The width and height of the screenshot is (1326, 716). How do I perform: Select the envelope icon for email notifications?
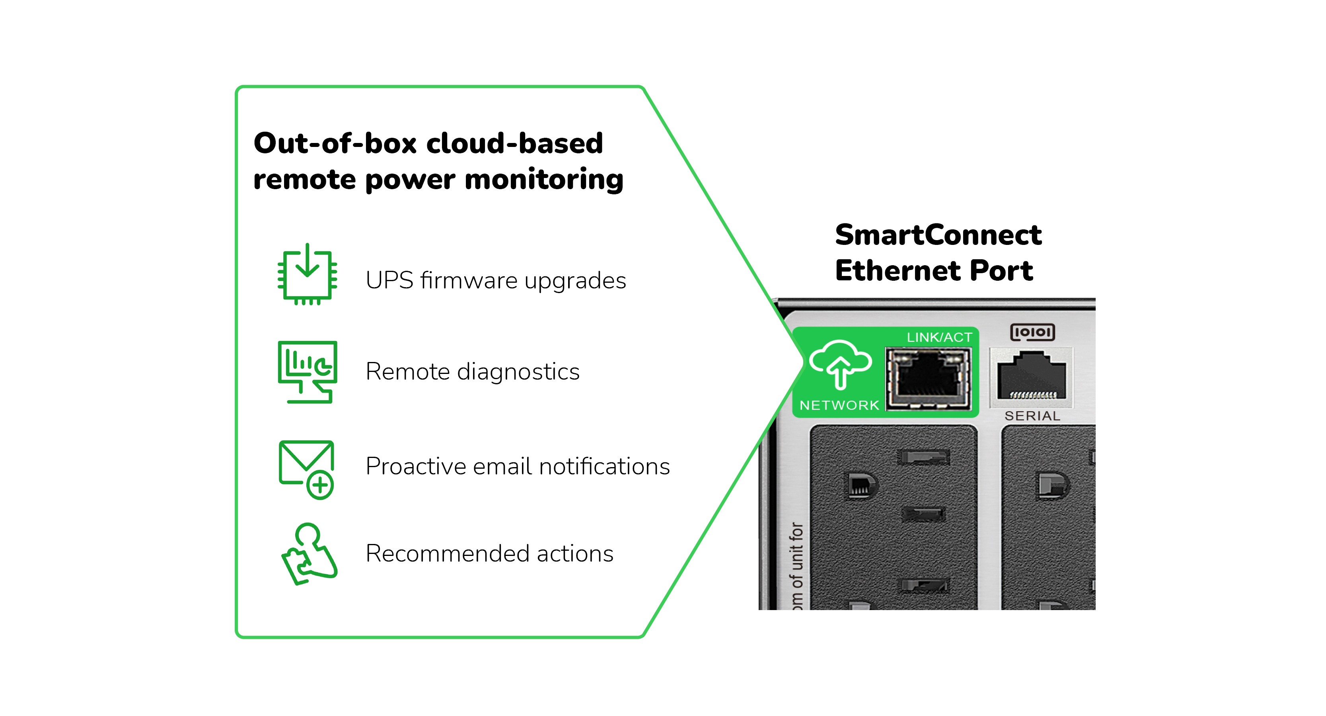306,463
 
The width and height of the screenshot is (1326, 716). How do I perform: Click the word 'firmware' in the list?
469,281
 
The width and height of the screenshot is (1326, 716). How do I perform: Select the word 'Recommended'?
447,554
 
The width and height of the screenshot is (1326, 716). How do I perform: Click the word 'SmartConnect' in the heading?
938,235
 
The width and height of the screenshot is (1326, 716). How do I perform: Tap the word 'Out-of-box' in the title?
335,143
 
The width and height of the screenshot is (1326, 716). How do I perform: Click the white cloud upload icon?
840,364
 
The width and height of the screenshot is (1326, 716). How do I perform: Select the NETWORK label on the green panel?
839,405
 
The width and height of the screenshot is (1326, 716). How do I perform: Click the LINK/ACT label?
939,337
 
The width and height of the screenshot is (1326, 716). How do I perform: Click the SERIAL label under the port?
1032,416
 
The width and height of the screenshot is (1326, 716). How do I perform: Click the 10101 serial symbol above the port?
1032,332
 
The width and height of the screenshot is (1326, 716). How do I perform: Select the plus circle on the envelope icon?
320,485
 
